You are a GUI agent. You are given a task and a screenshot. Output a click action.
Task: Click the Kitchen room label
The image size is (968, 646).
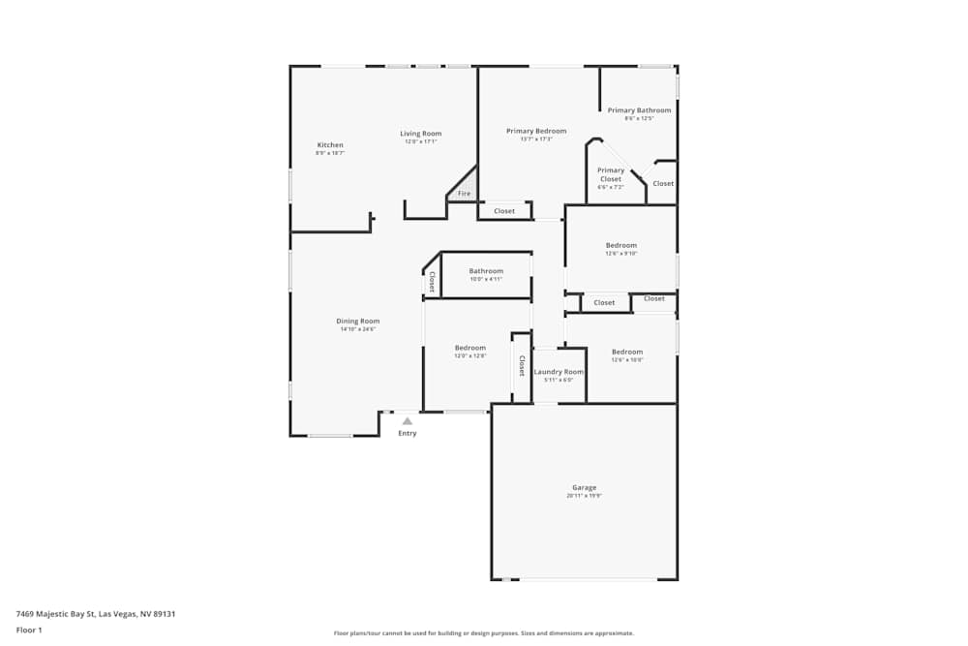coord(330,145)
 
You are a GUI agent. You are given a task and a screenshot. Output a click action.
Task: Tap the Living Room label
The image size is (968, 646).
coord(421,134)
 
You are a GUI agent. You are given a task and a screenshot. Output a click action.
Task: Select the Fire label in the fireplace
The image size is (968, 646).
coord(465,194)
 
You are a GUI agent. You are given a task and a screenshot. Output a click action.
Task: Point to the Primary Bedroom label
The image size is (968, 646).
coord(536,131)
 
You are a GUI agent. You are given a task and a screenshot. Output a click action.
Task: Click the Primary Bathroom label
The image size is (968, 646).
coord(639,110)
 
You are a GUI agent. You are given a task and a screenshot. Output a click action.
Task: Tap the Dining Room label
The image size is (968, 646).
coord(357,321)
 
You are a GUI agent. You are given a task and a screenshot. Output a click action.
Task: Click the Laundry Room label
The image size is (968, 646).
coord(559,372)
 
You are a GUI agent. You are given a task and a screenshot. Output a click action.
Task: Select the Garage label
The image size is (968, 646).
coord(584,487)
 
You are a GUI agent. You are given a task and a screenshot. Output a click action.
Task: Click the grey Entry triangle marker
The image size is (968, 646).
coord(408,421)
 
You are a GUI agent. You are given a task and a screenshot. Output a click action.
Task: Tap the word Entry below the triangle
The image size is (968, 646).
coord(408,433)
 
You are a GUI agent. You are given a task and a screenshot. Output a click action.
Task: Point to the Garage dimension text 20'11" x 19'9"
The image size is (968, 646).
coord(584,496)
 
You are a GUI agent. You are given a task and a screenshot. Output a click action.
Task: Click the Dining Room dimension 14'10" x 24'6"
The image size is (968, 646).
coord(357,329)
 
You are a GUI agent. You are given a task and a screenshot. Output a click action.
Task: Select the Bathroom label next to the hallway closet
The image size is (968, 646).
coord(486,271)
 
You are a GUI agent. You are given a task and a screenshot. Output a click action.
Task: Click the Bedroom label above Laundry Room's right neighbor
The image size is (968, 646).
coord(626,352)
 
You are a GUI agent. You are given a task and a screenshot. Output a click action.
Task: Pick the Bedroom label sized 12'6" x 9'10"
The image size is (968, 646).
coord(621,245)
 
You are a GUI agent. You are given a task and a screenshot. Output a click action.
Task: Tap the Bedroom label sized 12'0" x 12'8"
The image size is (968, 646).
coord(470,348)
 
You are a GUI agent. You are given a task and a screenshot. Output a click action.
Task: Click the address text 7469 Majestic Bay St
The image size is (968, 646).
coord(96,613)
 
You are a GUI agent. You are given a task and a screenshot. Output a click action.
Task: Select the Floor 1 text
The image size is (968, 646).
coord(29,630)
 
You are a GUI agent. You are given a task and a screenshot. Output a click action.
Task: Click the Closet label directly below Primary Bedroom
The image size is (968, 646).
coord(504,211)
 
